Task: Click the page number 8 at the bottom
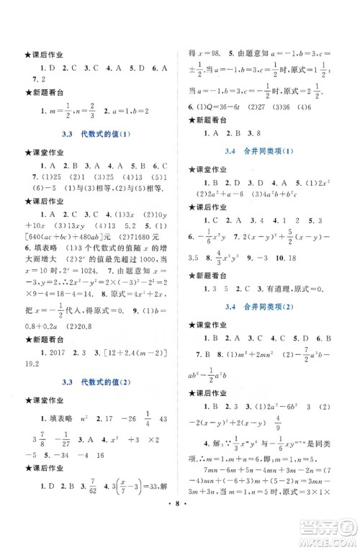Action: [x=179, y=536]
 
